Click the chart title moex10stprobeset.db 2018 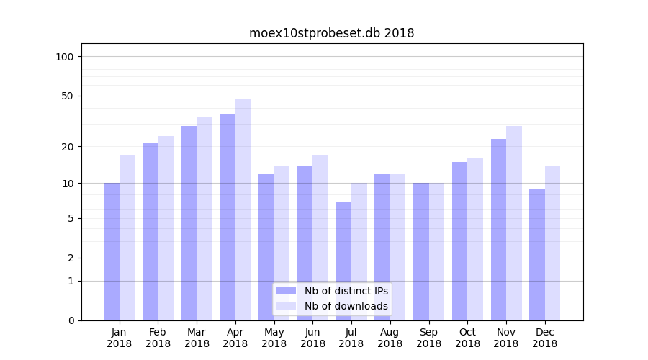click(x=331, y=33)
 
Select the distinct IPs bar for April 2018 click(x=228, y=216)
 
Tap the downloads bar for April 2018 click(x=243, y=209)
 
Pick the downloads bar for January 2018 click(x=127, y=238)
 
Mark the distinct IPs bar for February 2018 click(x=150, y=231)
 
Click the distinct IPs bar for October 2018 click(x=459, y=240)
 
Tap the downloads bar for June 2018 click(x=320, y=237)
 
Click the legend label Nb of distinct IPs click(x=346, y=291)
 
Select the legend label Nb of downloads click(x=346, y=306)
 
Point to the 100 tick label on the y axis click(x=65, y=57)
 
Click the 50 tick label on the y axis click(x=68, y=96)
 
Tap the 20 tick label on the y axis click(x=68, y=147)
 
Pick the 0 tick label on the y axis click(x=71, y=320)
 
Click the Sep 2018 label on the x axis click(x=428, y=338)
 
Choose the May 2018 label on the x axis click(x=274, y=338)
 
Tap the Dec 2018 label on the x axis click(x=544, y=338)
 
